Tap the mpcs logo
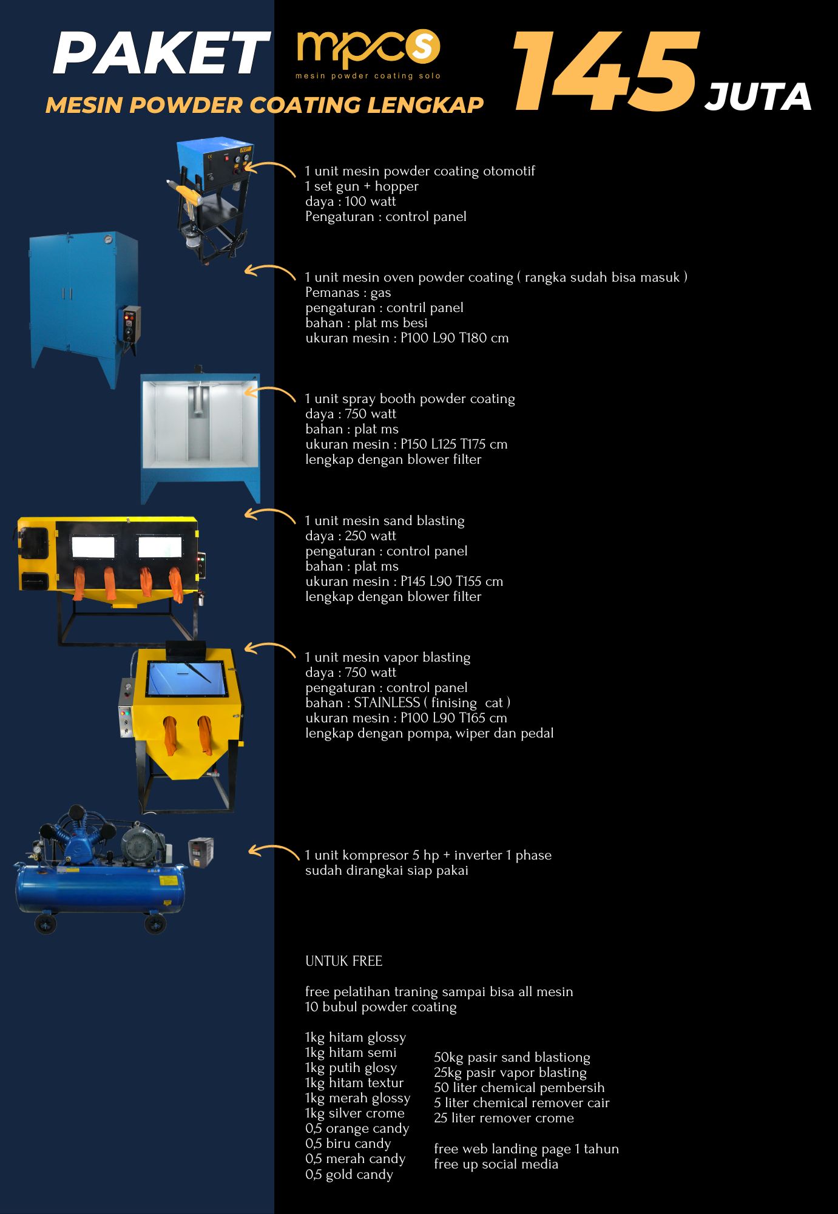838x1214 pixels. (368, 53)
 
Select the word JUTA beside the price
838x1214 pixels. (758, 97)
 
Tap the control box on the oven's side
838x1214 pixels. (130, 327)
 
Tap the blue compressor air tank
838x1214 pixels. (100, 889)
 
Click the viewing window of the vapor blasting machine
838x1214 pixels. (187, 679)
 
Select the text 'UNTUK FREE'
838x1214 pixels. (343, 961)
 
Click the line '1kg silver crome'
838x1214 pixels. (354, 1113)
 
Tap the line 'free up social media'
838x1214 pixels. (496, 1164)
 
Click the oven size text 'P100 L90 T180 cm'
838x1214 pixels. (454, 338)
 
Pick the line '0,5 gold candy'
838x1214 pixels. (349, 1175)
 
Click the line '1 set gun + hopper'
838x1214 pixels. (362, 186)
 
